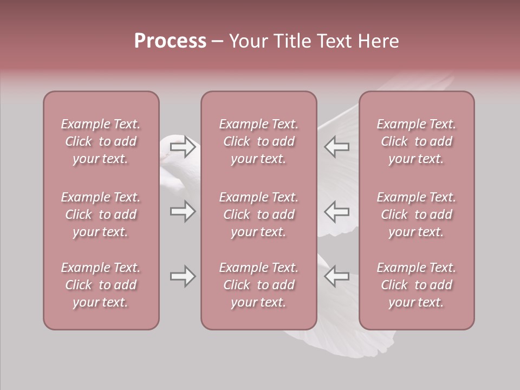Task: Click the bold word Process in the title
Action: tap(170, 41)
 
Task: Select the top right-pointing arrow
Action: tap(183, 147)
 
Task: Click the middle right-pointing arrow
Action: tap(183, 211)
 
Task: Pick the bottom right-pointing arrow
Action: tap(183, 276)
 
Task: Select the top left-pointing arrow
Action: tap(336, 147)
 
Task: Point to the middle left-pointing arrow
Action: tap(336, 211)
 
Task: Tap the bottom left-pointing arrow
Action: tap(336, 276)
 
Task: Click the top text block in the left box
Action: tap(101, 141)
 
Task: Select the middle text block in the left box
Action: tap(101, 214)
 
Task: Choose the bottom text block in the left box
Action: tap(101, 285)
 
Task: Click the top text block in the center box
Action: tap(258, 141)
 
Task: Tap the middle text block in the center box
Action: tap(258, 214)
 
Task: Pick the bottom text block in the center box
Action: tap(258, 285)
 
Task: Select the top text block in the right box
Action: tap(417, 141)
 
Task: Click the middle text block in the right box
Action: tap(417, 214)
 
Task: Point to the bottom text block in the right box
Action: tap(417, 285)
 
